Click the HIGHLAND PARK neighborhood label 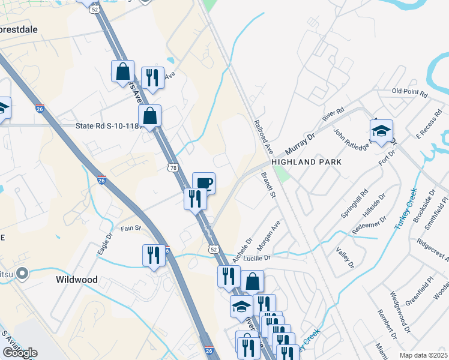pos(306,162)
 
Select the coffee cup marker pos(203,183)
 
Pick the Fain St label pos(130,228)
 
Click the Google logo pos(19,353)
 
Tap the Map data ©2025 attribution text pos(423,355)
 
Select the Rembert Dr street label pos(385,328)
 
